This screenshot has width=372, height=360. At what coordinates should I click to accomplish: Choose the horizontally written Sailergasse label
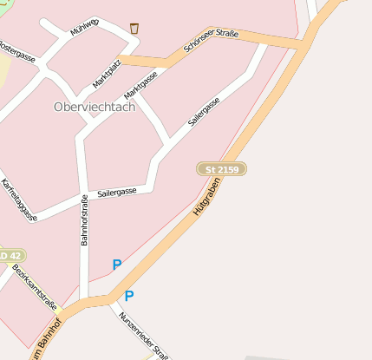click(117, 192)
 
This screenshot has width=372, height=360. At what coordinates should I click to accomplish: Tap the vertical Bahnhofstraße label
click(85, 220)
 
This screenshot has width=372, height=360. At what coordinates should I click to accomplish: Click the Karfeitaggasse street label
click(19, 200)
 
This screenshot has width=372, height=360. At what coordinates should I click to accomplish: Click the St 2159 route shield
click(223, 168)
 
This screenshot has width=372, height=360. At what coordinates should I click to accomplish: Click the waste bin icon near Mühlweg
click(134, 29)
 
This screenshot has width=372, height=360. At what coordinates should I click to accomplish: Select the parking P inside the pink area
click(117, 265)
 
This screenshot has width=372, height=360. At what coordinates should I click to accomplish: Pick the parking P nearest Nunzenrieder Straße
click(129, 296)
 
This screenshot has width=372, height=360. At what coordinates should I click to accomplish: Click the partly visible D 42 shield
click(10, 256)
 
